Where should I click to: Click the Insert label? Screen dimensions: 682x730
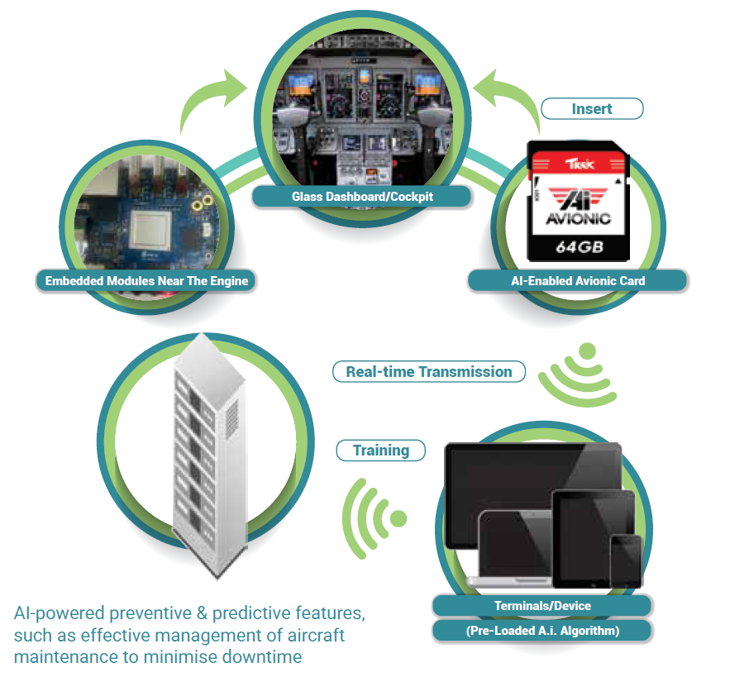point(591,108)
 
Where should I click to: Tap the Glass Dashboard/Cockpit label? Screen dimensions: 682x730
point(362,197)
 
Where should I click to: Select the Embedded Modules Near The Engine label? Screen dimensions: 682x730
point(146,281)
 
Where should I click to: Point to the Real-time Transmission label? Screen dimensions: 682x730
point(428,372)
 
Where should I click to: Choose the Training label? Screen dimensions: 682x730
point(380,451)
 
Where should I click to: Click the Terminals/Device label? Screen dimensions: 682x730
point(542,606)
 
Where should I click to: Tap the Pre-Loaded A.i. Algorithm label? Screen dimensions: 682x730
point(542,631)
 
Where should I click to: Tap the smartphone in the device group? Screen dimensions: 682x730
point(626,560)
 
